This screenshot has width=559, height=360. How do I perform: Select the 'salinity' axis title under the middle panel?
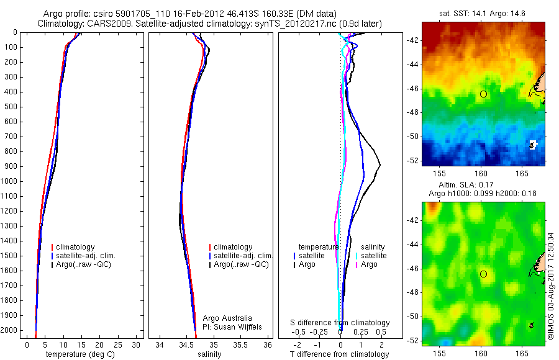209,354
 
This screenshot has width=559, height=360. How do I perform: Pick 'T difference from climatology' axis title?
339,354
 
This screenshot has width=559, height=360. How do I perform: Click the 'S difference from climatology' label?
340,323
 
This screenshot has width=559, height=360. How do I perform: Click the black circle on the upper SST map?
483,94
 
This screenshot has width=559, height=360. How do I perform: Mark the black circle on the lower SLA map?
483,274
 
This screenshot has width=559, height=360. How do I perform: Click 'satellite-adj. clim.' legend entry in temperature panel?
90,256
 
